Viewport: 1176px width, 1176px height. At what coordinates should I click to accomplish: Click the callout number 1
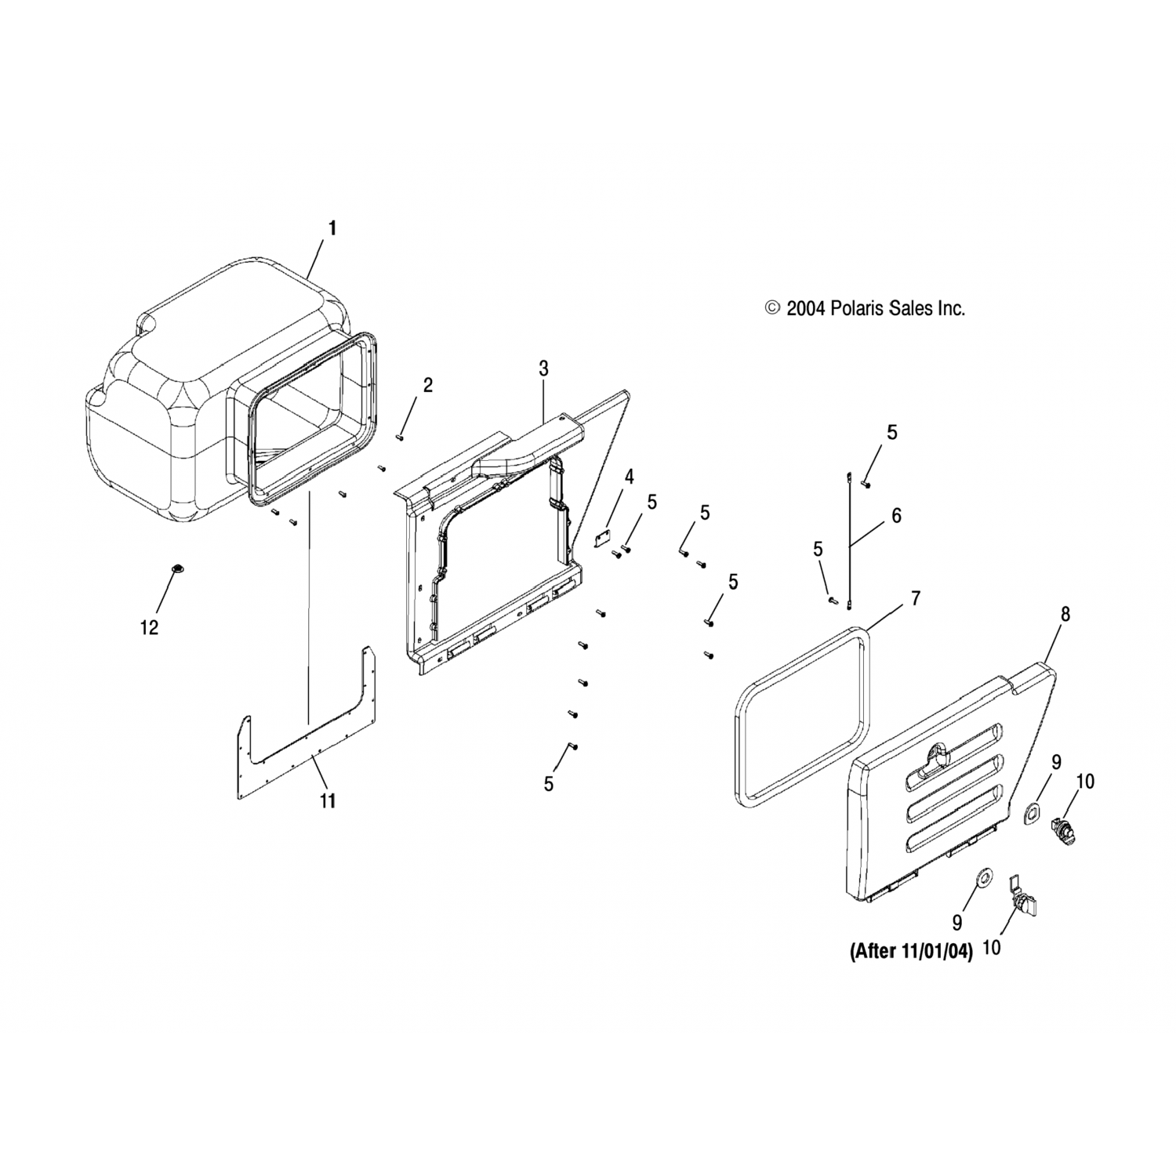coord(332,228)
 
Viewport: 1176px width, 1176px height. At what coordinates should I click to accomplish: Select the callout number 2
coord(428,385)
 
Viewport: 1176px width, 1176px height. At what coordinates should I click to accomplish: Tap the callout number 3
coord(544,368)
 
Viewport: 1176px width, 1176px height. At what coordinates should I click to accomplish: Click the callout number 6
coord(897,515)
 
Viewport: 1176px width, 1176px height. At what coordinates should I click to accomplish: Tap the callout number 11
coord(327,800)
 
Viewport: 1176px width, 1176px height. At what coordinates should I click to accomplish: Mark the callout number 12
coord(149,627)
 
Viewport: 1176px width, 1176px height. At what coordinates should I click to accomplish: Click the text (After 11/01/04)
coord(900,952)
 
